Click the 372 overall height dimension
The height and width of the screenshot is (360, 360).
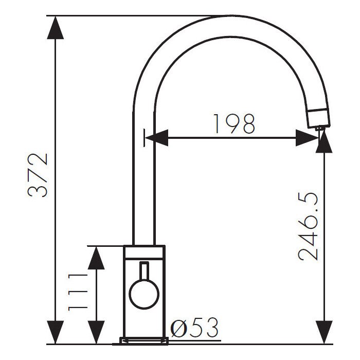tap(38, 175)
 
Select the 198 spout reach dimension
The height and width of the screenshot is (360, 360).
tap(234, 124)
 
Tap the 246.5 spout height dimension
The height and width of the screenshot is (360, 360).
tap(308, 227)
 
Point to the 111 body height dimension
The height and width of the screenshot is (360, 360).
tap(78, 292)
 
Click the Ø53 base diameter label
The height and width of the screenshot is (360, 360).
tap(195, 328)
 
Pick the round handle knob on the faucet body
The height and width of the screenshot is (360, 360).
tap(144, 294)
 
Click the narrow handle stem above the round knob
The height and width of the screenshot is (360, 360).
tap(144, 271)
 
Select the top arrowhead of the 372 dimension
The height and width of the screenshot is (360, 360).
tap(55, 28)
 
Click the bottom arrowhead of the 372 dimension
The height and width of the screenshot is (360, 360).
tap(55, 332)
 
